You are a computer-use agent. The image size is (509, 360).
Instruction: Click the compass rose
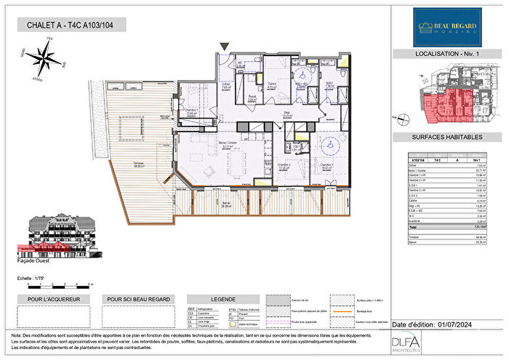coord(46,57)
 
